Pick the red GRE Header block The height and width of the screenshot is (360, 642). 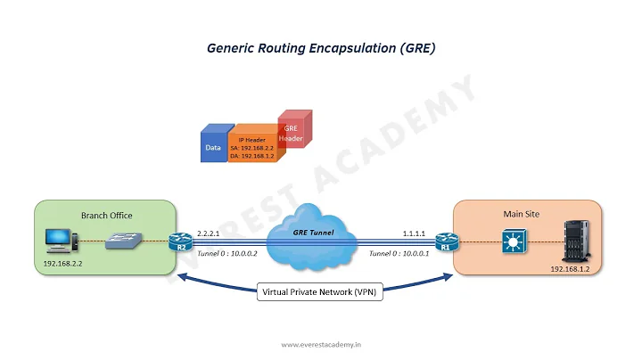point(291,133)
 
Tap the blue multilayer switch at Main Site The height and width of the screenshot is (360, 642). point(514,240)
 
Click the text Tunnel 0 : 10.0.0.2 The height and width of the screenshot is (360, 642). point(226,253)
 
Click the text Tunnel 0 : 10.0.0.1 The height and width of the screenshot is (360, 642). point(399,253)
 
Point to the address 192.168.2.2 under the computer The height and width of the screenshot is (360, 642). point(63,265)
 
